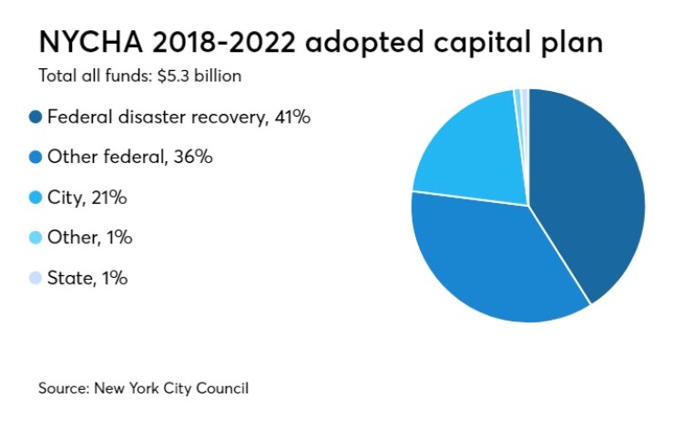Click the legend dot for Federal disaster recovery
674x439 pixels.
[36, 117]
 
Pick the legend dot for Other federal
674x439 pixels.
[36, 157]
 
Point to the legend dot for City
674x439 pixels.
[36, 197]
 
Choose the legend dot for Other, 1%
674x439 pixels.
[36, 238]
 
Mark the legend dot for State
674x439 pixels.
[36, 278]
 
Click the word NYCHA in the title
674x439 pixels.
[87, 43]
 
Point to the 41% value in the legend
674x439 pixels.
[291, 117]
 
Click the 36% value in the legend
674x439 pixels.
[192, 157]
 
